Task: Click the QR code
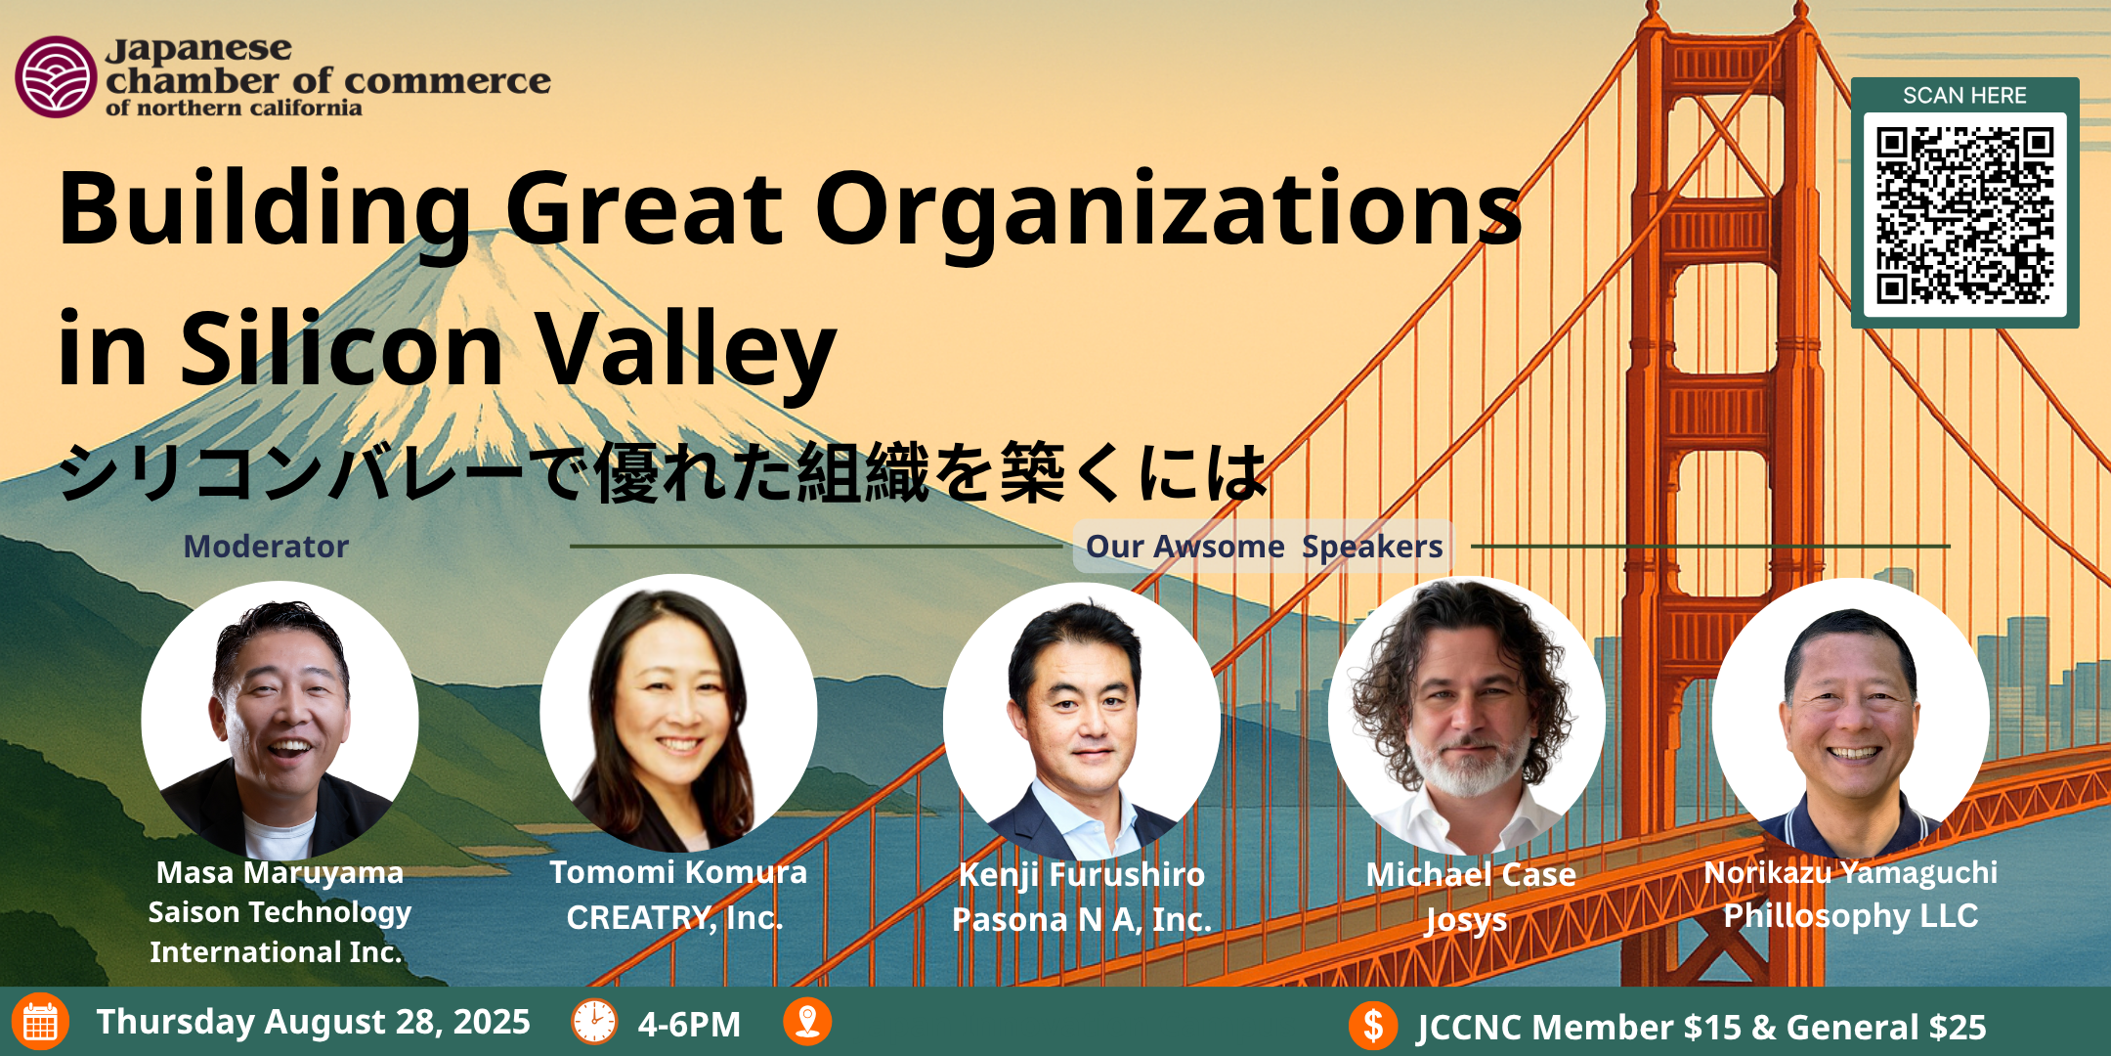[1964, 215]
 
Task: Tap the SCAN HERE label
[1964, 96]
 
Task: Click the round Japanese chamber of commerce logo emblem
[56, 76]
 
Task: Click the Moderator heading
[266, 546]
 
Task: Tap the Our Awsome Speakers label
[1264, 547]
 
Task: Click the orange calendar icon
[40, 1022]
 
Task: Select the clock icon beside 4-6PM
[594, 1023]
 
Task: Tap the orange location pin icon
[807, 1022]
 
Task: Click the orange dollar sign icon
[1373, 1026]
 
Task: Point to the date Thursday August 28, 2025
[313, 1022]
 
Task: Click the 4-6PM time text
[689, 1024]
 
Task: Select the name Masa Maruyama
[280, 872]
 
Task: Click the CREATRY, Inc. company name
[675, 917]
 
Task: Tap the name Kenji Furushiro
[1082, 874]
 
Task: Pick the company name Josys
[1466, 920]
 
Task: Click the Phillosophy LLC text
[1851, 915]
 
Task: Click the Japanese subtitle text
[663, 471]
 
